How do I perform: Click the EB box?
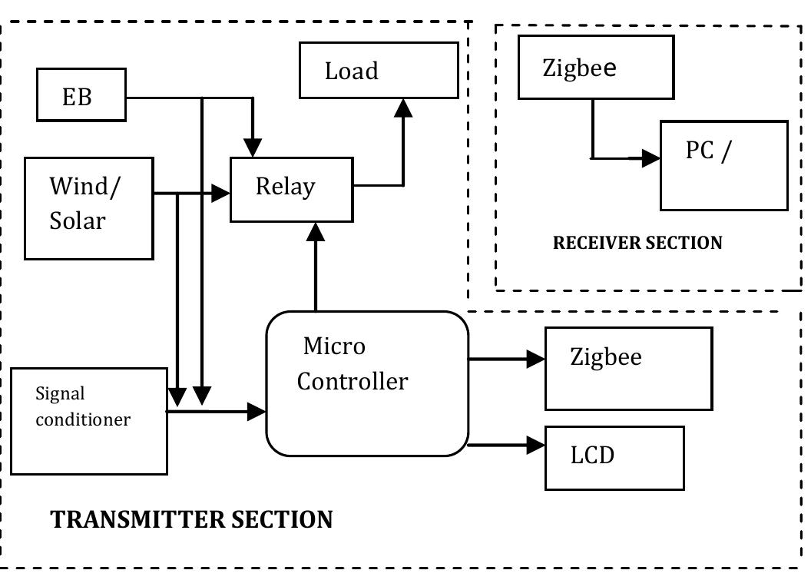tap(81, 98)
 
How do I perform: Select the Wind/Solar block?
tap(89, 207)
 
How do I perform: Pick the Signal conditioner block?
tap(89, 420)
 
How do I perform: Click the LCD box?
tap(614, 457)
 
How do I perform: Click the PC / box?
tap(723, 165)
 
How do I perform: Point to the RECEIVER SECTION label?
tap(637, 244)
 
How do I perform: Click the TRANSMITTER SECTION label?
tap(191, 519)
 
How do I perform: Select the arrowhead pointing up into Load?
tap(400, 108)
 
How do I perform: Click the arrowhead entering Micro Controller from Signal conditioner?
tap(256, 413)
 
